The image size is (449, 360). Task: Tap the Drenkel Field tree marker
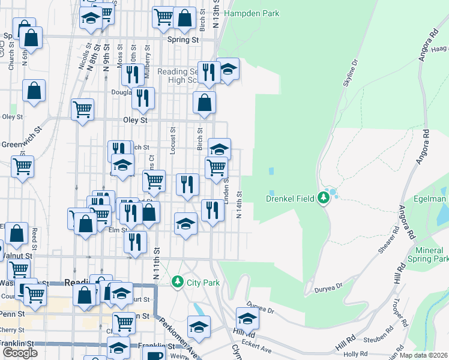click(x=325, y=197)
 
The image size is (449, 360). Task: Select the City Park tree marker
click(x=178, y=281)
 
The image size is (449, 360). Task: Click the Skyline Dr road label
click(x=350, y=74)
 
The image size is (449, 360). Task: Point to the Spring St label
click(x=182, y=40)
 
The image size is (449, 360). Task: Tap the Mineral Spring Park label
click(x=432, y=254)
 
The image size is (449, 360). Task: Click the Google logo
click(x=20, y=353)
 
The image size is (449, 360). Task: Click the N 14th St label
click(x=239, y=204)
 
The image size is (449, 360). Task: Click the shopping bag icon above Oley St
click(x=205, y=103)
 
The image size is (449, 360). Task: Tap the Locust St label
click(x=172, y=140)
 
